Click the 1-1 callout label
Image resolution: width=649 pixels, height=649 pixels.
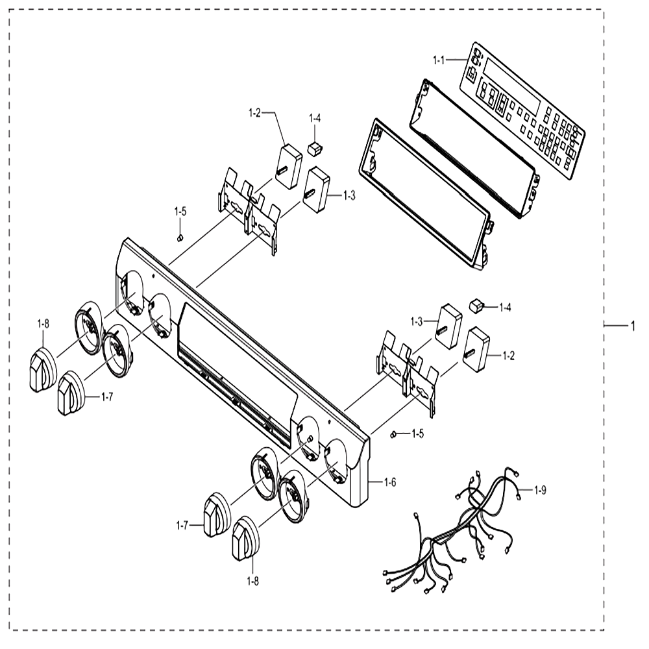click(x=438, y=60)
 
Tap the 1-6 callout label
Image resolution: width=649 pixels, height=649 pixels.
click(x=390, y=482)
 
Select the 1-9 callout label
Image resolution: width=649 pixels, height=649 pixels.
click(x=540, y=491)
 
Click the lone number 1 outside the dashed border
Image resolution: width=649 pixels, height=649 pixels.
click(x=632, y=326)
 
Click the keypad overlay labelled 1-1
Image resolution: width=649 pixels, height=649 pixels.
click(x=522, y=110)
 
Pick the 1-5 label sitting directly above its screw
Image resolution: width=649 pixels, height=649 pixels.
click(x=180, y=212)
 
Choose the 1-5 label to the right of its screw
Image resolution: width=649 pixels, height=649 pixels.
click(x=417, y=434)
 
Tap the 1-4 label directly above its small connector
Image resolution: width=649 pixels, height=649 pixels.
click(x=315, y=118)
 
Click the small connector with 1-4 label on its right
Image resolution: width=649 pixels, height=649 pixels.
click(x=476, y=307)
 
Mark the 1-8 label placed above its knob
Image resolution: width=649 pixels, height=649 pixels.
click(x=43, y=324)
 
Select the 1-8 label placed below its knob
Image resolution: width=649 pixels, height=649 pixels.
click(x=253, y=581)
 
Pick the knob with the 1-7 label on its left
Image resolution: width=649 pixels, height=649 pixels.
click(x=217, y=515)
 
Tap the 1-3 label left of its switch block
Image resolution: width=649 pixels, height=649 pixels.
click(x=417, y=322)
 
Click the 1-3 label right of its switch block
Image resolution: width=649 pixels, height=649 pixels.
click(x=349, y=195)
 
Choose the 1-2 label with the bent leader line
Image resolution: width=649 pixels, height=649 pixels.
click(x=254, y=112)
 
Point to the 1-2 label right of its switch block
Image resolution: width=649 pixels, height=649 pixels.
click(x=508, y=356)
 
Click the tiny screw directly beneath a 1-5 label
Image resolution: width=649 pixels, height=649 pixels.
click(x=180, y=238)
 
